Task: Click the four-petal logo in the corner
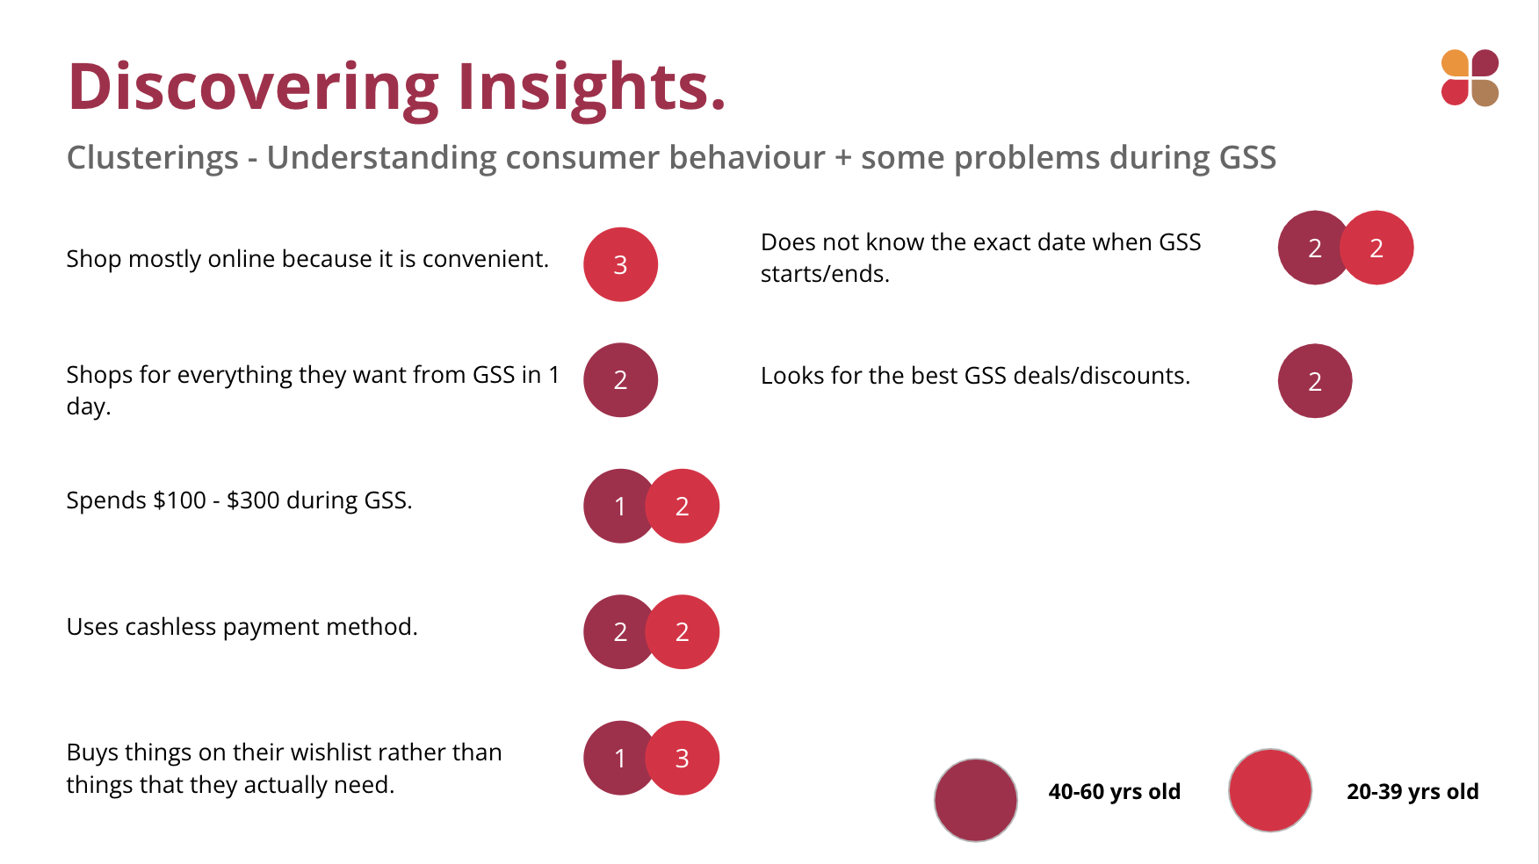pyautogui.click(x=1470, y=77)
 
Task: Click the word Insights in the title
pyautogui.click(x=591, y=88)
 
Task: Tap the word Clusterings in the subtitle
pyautogui.click(x=153, y=158)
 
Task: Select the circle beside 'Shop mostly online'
pyautogui.click(x=620, y=264)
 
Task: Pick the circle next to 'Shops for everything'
pyautogui.click(x=620, y=379)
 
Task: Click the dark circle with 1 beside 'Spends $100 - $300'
pyautogui.click(x=615, y=506)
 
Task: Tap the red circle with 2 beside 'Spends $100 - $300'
pyautogui.click(x=683, y=506)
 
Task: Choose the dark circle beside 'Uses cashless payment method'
pyautogui.click(x=615, y=631)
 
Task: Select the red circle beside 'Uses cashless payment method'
pyautogui.click(x=683, y=631)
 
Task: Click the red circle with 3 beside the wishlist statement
pyautogui.click(x=683, y=758)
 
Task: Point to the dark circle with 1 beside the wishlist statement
pyautogui.click(x=615, y=758)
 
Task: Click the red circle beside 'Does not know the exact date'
pyautogui.click(x=1376, y=248)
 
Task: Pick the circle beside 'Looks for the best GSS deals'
pyautogui.click(x=1315, y=381)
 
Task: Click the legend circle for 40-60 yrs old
pyautogui.click(x=976, y=800)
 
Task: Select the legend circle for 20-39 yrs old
pyautogui.click(x=1270, y=790)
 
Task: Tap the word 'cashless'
pyautogui.click(x=170, y=627)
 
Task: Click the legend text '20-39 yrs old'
pyautogui.click(x=1413, y=792)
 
